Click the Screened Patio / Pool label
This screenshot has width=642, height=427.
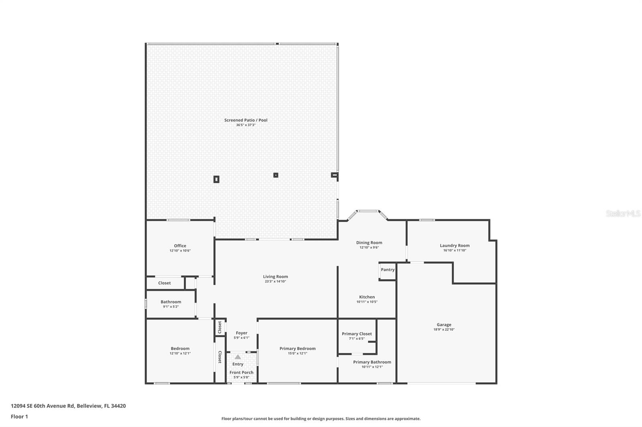pos(246,120)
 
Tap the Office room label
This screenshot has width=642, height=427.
pos(180,246)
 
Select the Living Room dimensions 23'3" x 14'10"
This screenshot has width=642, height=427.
pos(275,282)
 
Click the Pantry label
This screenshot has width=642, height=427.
pos(388,270)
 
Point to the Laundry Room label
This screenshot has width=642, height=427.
pos(454,246)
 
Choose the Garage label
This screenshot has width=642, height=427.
pos(444,325)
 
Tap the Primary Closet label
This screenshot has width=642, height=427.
pos(357,334)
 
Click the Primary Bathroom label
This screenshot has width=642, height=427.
pos(372,362)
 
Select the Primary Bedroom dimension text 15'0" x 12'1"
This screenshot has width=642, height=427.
pos(297,353)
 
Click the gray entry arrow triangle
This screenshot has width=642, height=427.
pos(238,357)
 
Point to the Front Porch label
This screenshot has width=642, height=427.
pos(241,373)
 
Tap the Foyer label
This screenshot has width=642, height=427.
pos(242,333)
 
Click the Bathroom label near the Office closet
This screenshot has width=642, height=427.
pos(171,302)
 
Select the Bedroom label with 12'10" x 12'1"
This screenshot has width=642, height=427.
pos(180,348)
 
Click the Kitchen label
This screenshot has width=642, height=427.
pos(367,297)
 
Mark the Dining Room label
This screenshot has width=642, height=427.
pos(369,243)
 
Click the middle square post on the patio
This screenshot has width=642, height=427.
pos(276,175)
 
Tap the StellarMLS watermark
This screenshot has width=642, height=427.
pos(623,214)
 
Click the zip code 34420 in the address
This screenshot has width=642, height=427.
pos(119,406)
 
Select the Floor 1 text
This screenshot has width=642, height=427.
pos(19,417)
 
